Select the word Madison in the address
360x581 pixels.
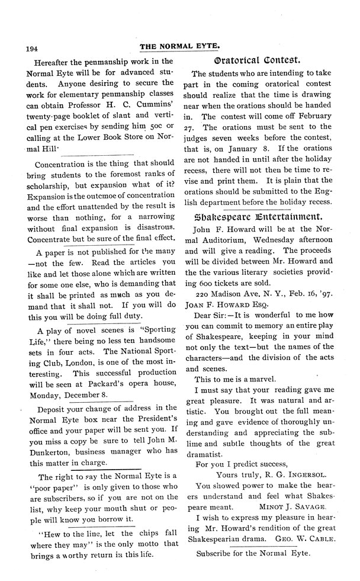point(236,291)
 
